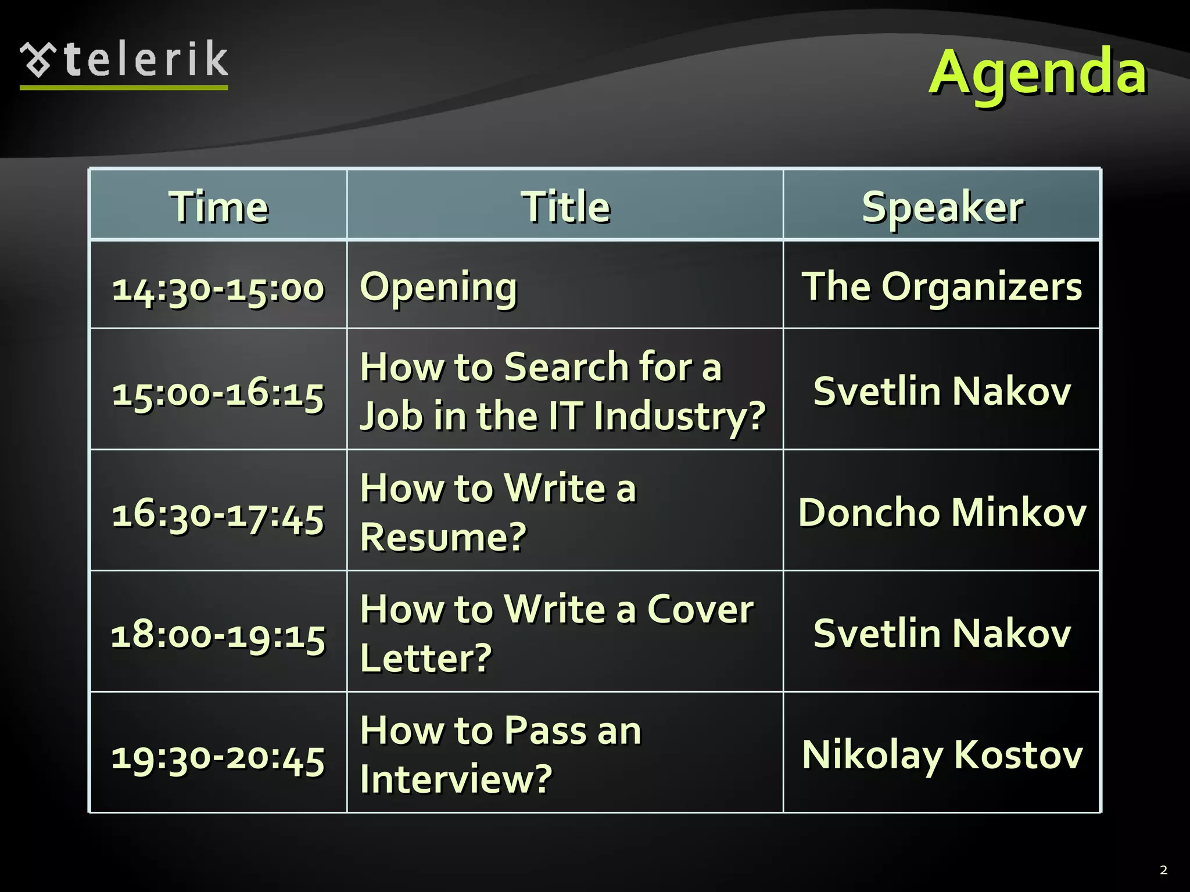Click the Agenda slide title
[x=1037, y=73]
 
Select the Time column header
[x=218, y=207]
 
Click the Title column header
[x=565, y=207]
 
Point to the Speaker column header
[x=942, y=207]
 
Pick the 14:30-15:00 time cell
[x=218, y=287]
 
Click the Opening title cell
[x=438, y=286]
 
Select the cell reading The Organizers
[x=942, y=286]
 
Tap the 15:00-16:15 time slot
[x=218, y=393]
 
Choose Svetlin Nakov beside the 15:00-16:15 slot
[x=942, y=391]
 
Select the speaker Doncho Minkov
[x=942, y=512]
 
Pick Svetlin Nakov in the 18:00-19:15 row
[x=942, y=632]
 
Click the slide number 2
[x=1163, y=869]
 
